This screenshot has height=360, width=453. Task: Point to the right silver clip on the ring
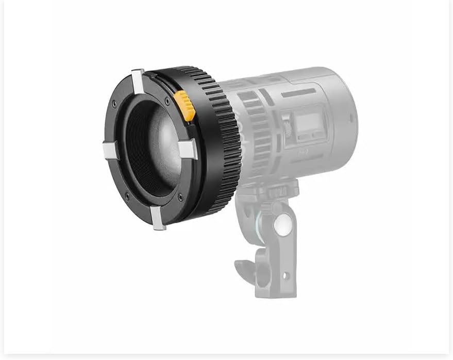[x=188, y=149]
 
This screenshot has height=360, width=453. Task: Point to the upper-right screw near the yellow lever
[x=166, y=101]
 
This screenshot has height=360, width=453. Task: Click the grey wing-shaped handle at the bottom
[x=246, y=268]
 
